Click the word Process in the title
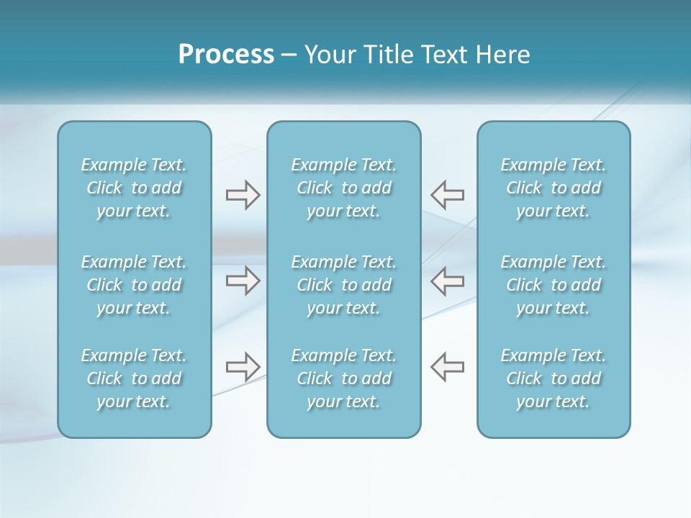tap(226, 55)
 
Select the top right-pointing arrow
tap(243, 194)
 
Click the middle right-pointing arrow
tap(243, 281)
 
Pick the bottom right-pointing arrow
tap(243, 367)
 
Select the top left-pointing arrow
tap(447, 194)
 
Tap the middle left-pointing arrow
tap(447, 281)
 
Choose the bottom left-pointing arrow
tap(447, 367)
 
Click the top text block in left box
tap(134, 188)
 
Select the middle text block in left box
tap(134, 285)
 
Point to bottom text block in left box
tap(134, 378)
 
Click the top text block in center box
tap(344, 188)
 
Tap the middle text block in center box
tap(344, 285)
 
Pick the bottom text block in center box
tap(344, 378)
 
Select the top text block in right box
tap(554, 188)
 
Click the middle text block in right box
tap(554, 285)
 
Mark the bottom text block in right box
tap(554, 378)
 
